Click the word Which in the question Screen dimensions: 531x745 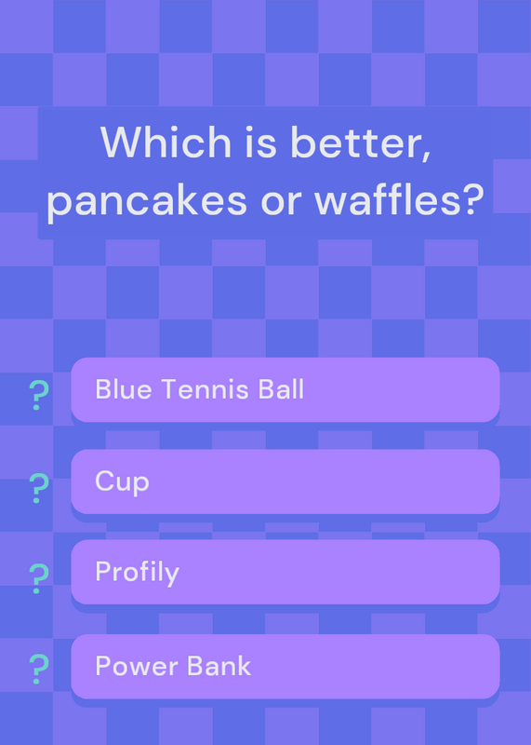[x=166, y=142]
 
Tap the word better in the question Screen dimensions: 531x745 [x=360, y=142]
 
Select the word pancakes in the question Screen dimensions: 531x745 [x=147, y=200]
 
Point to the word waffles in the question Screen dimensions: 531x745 [x=384, y=198]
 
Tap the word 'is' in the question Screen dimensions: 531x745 [x=260, y=142]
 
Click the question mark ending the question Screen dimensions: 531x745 [x=470, y=199]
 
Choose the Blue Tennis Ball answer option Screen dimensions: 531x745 [x=285, y=389]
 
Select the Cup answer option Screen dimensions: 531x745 [x=285, y=481]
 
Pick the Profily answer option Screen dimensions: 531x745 [x=285, y=572]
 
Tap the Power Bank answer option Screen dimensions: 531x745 [x=285, y=666]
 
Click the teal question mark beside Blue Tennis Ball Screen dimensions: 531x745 [x=39, y=395]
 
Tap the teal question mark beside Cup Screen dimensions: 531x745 [x=39, y=488]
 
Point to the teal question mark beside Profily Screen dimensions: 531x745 [x=39, y=578]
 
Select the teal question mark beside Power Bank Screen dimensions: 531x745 [x=39, y=669]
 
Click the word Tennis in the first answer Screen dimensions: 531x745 [x=205, y=389]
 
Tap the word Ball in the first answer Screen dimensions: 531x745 [x=281, y=388]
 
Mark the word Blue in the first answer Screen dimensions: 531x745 [x=124, y=388]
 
